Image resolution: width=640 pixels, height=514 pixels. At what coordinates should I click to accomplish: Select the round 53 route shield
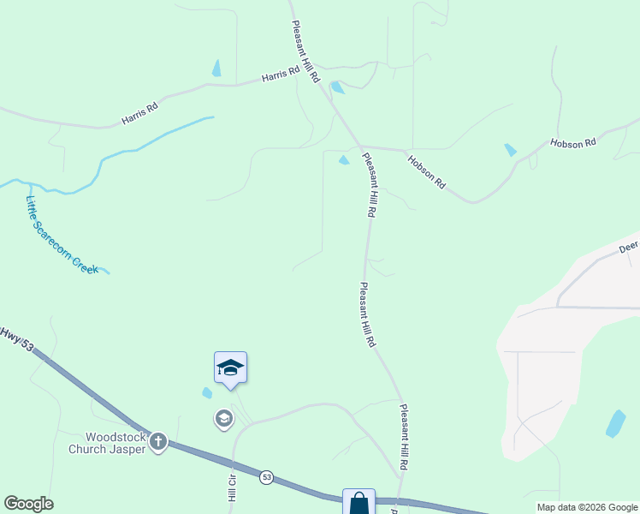pyautogui.click(x=267, y=477)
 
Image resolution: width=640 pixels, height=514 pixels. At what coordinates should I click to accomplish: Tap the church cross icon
pyautogui.click(x=158, y=442)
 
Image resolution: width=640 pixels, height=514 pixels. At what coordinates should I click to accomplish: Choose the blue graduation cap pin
pyautogui.click(x=230, y=368)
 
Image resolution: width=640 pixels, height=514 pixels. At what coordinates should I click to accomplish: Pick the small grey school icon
pyautogui.click(x=223, y=418)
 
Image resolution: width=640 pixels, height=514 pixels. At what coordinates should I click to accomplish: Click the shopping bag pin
pyautogui.click(x=359, y=504)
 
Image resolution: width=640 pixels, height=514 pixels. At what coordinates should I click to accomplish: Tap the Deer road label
pyautogui.click(x=629, y=247)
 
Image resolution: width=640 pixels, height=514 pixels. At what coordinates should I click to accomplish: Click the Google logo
pyautogui.click(x=28, y=504)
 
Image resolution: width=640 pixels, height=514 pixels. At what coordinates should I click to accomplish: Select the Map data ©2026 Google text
pyautogui.click(x=586, y=507)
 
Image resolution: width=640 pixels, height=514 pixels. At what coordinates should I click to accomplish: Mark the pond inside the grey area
pyautogui.click(x=615, y=423)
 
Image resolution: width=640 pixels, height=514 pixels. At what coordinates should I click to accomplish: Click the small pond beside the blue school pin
pyautogui.click(x=207, y=393)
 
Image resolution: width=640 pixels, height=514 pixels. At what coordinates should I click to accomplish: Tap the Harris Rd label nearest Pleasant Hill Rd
pyautogui.click(x=280, y=75)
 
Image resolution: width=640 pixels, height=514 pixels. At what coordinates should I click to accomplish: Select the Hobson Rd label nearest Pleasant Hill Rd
pyautogui.click(x=427, y=171)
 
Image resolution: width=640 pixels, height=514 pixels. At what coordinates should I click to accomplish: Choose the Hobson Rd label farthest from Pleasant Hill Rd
pyautogui.click(x=572, y=143)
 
